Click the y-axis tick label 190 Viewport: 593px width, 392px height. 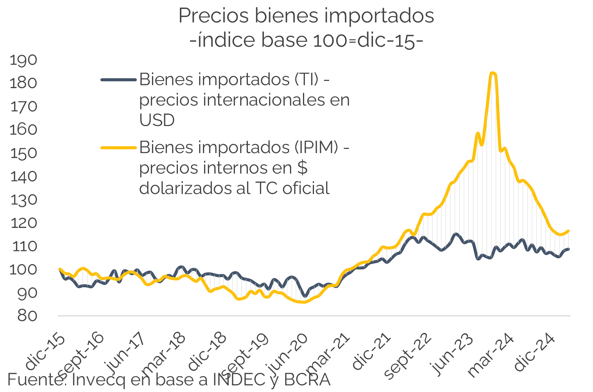24,60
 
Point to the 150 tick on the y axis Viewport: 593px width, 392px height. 24,153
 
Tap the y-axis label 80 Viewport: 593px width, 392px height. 27,316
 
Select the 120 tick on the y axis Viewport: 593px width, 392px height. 24,223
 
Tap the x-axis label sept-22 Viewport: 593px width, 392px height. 409,356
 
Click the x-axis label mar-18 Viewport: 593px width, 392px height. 164,354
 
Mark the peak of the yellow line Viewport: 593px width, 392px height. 493,73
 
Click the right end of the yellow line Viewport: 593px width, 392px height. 569,231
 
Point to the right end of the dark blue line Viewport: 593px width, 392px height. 569,249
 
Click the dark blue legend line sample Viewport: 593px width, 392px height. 118,80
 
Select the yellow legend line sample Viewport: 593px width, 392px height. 118,147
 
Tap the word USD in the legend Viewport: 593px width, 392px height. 157,120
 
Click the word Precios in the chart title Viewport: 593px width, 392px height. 214,16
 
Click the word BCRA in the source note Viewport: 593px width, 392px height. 307,379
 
